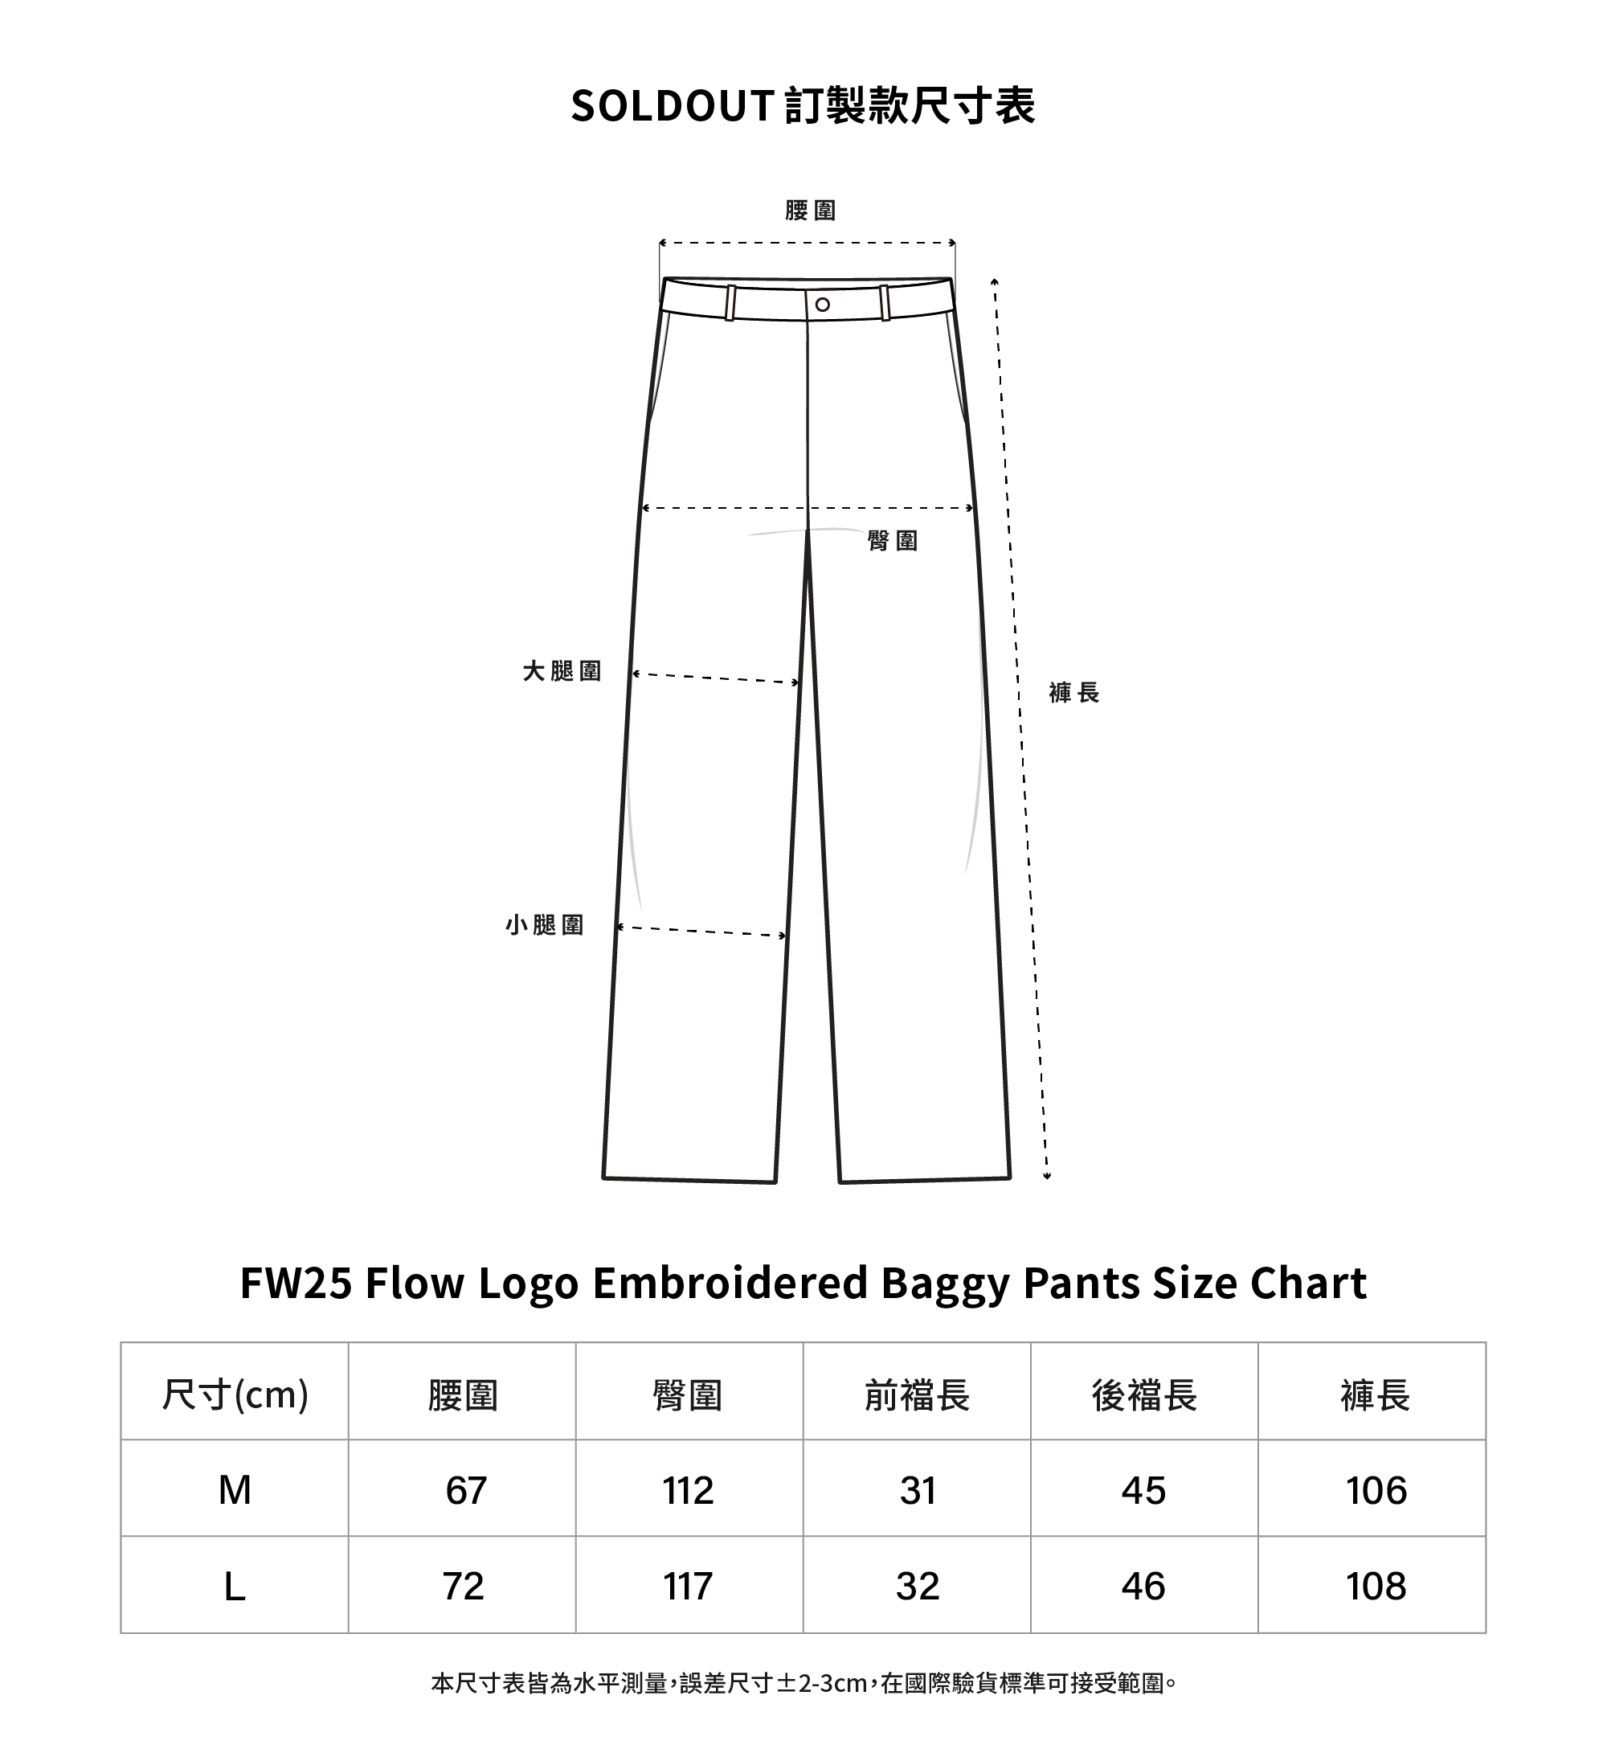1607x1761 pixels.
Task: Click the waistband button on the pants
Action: click(822, 305)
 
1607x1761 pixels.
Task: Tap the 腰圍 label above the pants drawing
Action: click(811, 211)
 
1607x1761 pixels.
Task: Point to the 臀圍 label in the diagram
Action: click(893, 541)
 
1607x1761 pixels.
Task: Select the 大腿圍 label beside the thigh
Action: click(562, 671)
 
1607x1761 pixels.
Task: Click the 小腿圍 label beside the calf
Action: click(544, 925)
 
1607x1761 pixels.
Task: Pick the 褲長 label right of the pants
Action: click(1073, 693)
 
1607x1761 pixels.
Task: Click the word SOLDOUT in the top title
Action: click(672, 107)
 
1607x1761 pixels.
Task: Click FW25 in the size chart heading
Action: click(295, 1284)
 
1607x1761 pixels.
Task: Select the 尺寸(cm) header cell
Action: click(235, 1395)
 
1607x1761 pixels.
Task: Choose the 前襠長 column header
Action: click(917, 1395)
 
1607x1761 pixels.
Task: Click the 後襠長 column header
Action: click(1144, 1395)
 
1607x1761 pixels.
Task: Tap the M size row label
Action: click(235, 1490)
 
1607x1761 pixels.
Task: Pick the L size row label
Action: click(235, 1587)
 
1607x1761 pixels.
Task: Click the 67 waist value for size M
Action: click(465, 1490)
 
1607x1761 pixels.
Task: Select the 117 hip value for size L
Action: click(689, 1587)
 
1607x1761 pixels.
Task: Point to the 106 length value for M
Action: click(1376, 1490)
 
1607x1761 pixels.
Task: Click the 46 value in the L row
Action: click(1143, 1587)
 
